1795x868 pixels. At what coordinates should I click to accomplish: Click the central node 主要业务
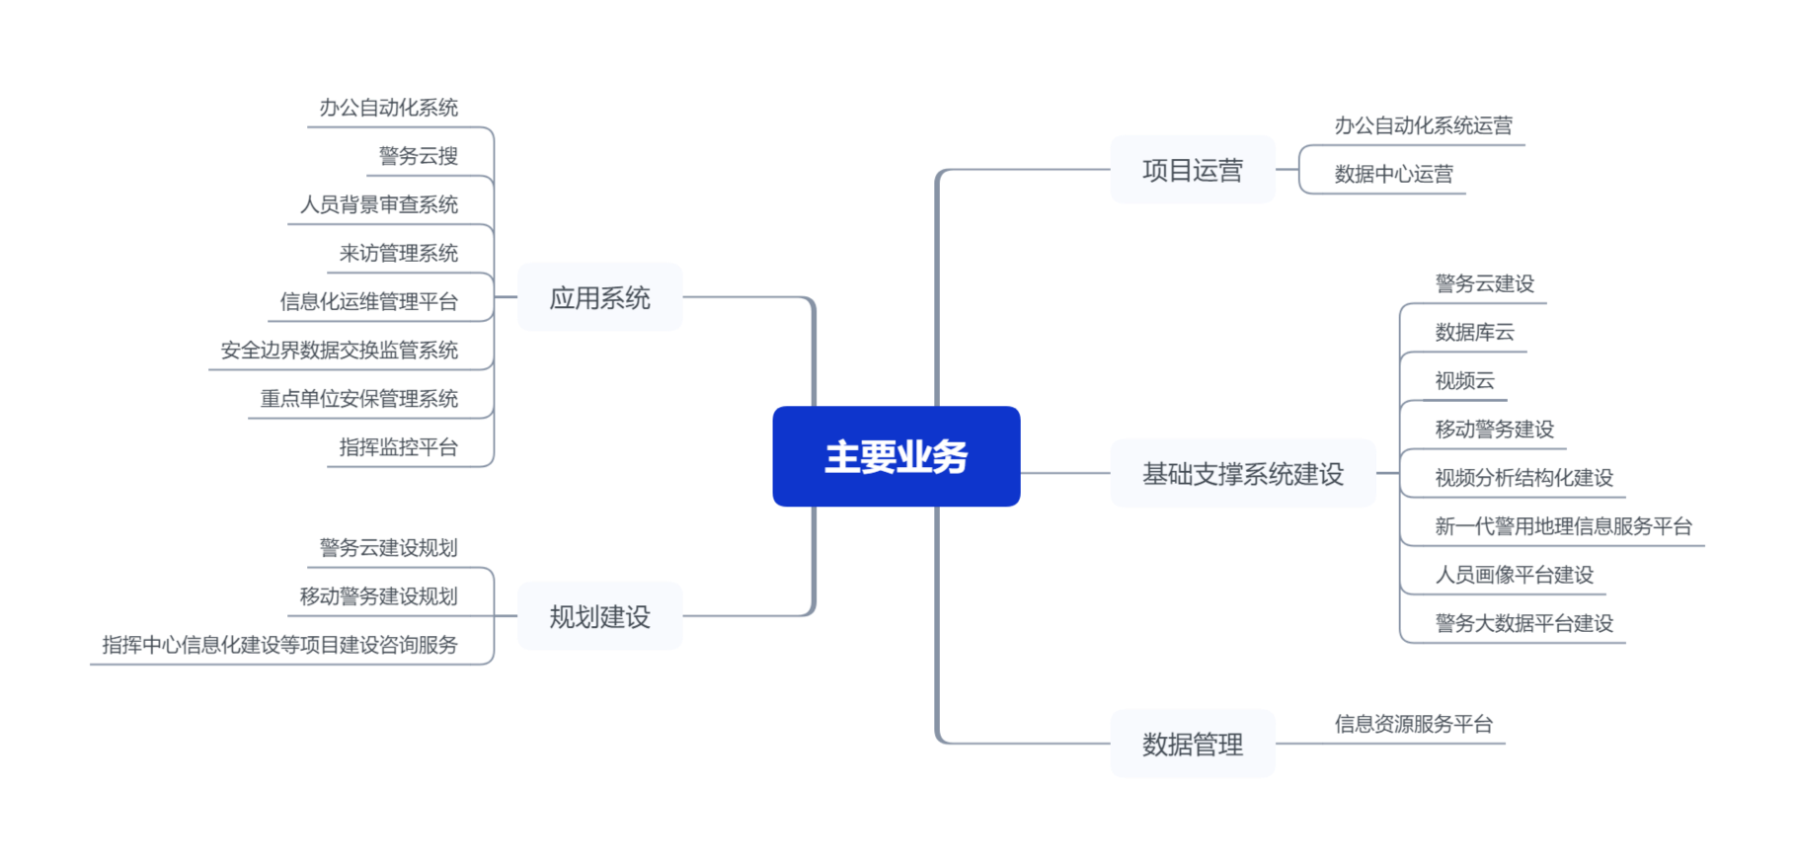coord(896,456)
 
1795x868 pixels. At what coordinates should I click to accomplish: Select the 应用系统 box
coord(599,297)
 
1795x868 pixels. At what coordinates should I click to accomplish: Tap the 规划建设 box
coord(599,616)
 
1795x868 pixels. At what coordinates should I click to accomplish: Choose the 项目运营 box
coord(1192,170)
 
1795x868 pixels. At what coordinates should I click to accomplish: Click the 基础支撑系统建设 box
coord(1242,474)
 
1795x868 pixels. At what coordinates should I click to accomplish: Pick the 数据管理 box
coord(1192,744)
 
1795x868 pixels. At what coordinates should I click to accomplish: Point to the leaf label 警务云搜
coord(419,156)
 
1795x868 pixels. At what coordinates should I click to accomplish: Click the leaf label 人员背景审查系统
coord(379,204)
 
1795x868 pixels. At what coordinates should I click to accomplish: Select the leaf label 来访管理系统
coord(399,253)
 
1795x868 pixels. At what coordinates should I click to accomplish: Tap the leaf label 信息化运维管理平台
coord(369,301)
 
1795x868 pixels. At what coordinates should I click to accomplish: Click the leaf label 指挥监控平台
coord(399,447)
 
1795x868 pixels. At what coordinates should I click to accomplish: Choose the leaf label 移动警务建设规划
coord(379,596)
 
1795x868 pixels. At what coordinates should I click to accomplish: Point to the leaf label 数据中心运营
coord(1394,175)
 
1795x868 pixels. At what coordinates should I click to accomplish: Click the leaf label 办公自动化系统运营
coord(1424,125)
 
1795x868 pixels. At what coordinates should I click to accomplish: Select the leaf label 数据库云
coord(1475,332)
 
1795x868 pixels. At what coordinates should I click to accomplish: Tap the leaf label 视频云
coord(1465,380)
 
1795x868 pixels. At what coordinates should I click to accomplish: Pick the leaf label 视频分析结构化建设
coord(1524,478)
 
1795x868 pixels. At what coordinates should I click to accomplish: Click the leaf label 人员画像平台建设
coord(1515,575)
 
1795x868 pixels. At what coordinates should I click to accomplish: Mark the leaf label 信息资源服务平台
coord(1414,724)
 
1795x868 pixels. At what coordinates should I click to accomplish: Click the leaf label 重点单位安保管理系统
coord(359,399)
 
